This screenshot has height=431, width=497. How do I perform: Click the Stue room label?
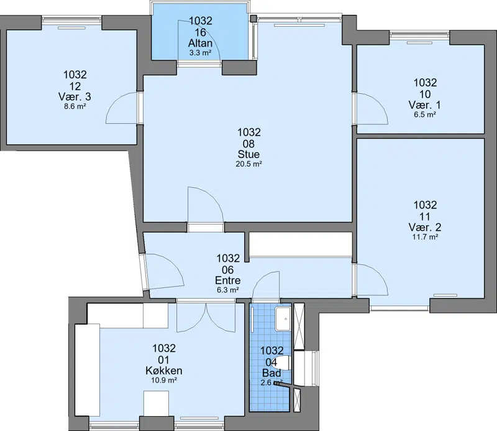tap(249, 154)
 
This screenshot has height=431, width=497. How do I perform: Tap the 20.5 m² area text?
tap(249, 164)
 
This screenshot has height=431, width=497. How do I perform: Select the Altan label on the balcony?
tap(200, 43)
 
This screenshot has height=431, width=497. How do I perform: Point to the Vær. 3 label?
tap(75, 96)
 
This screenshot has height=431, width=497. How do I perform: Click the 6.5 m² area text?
tap(425, 114)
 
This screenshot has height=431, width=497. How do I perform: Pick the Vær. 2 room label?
tap(425, 227)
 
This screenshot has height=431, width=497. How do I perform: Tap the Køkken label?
tap(164, 371)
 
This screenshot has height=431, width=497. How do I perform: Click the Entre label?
tap(227, 280)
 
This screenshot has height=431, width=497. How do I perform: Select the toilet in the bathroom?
tap(285, 363)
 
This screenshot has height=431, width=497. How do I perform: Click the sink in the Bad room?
tap(283, 318)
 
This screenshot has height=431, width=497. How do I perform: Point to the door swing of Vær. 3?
tap(122, 108)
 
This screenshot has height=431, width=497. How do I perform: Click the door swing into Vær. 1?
tap(372, 109)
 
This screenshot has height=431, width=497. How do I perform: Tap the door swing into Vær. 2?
tap(372, 279)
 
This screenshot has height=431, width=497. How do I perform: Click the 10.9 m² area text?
tap(164, 380)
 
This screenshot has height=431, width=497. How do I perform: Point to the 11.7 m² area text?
tap(425, 237)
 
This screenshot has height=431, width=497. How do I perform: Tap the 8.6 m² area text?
tap(75, 106)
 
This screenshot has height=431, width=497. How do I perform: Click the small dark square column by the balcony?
tap(253, 18)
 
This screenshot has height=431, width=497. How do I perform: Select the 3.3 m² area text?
tap(200, 53)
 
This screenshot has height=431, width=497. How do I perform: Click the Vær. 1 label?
tap(425, 104)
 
